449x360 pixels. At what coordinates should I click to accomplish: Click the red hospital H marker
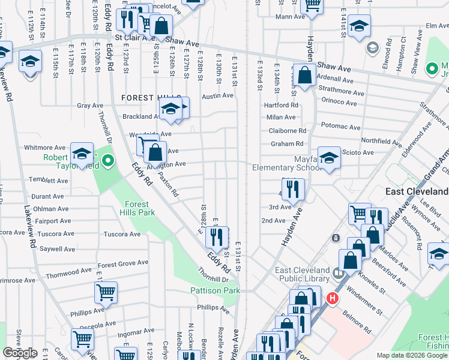pyautogui.click(x=331, y=298)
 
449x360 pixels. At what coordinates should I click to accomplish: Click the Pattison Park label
pyautogui.click(x=214, y=290)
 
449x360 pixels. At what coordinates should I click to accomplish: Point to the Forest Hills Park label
pyautogui.click(x=140, y=208)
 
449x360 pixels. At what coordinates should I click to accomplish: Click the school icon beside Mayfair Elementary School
pyautogui.click(x=328, y=157)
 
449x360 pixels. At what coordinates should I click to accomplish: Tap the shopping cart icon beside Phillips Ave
pyautogui.click(x=106, y=292)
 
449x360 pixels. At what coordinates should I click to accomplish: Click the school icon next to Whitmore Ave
pyautogui.click(x=82, y=152)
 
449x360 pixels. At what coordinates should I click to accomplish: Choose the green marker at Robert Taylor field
pyautogui.click(x=108, y=160)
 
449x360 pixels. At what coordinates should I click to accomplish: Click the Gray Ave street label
pyautogui.click(x=90, y=106)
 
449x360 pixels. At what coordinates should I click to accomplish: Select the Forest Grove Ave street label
pyautogui.click(x=123, y=264)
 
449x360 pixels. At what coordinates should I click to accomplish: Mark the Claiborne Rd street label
pyautogui.click(x=288, y=131)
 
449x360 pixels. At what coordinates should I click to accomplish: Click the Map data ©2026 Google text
pyautogui.click(x=412, y=355)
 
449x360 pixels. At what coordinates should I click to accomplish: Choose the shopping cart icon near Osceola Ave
pyautogui.click(x=82, y=338)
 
